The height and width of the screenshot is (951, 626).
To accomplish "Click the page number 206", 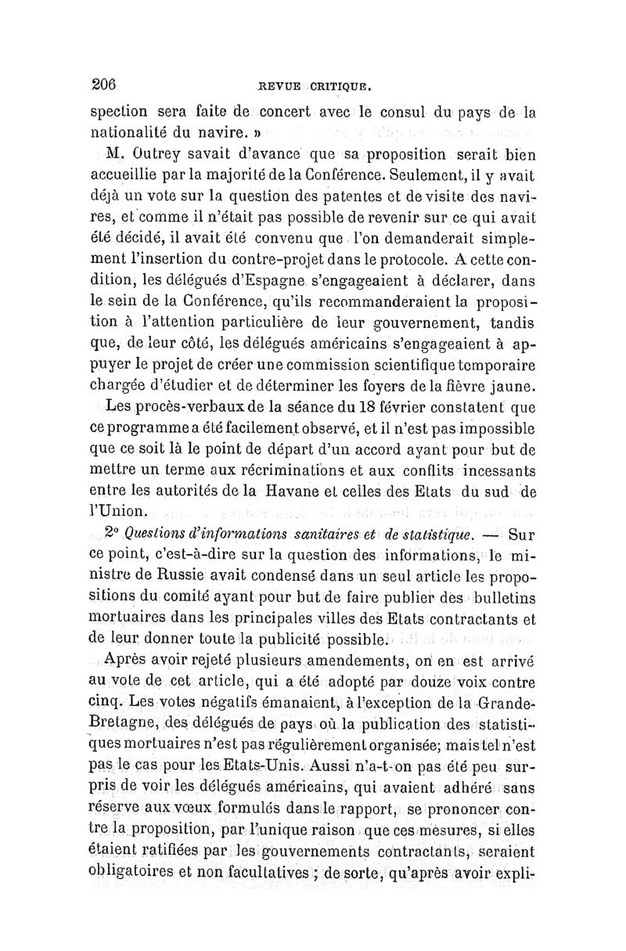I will (x=104, y=84).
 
